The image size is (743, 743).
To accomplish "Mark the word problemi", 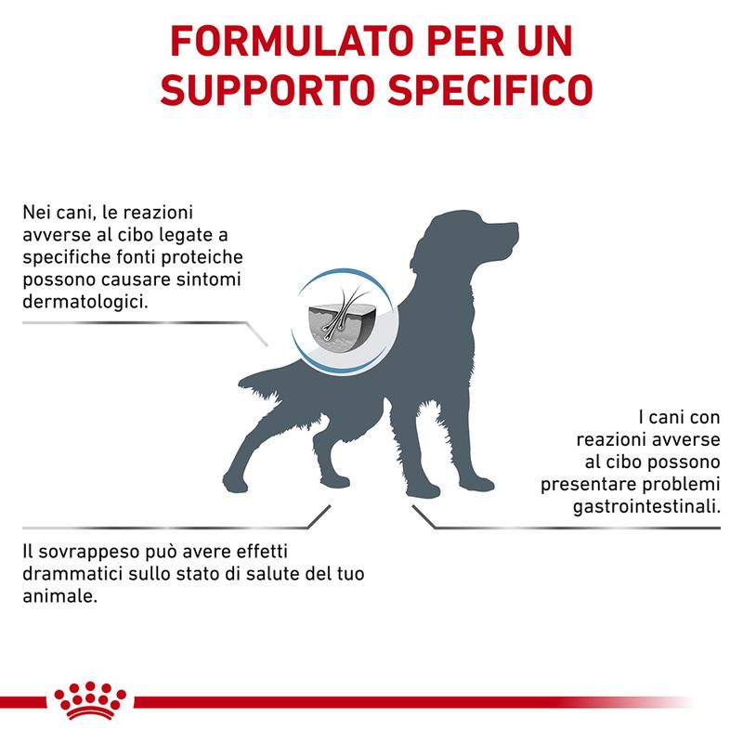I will [x=678, y=484].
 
